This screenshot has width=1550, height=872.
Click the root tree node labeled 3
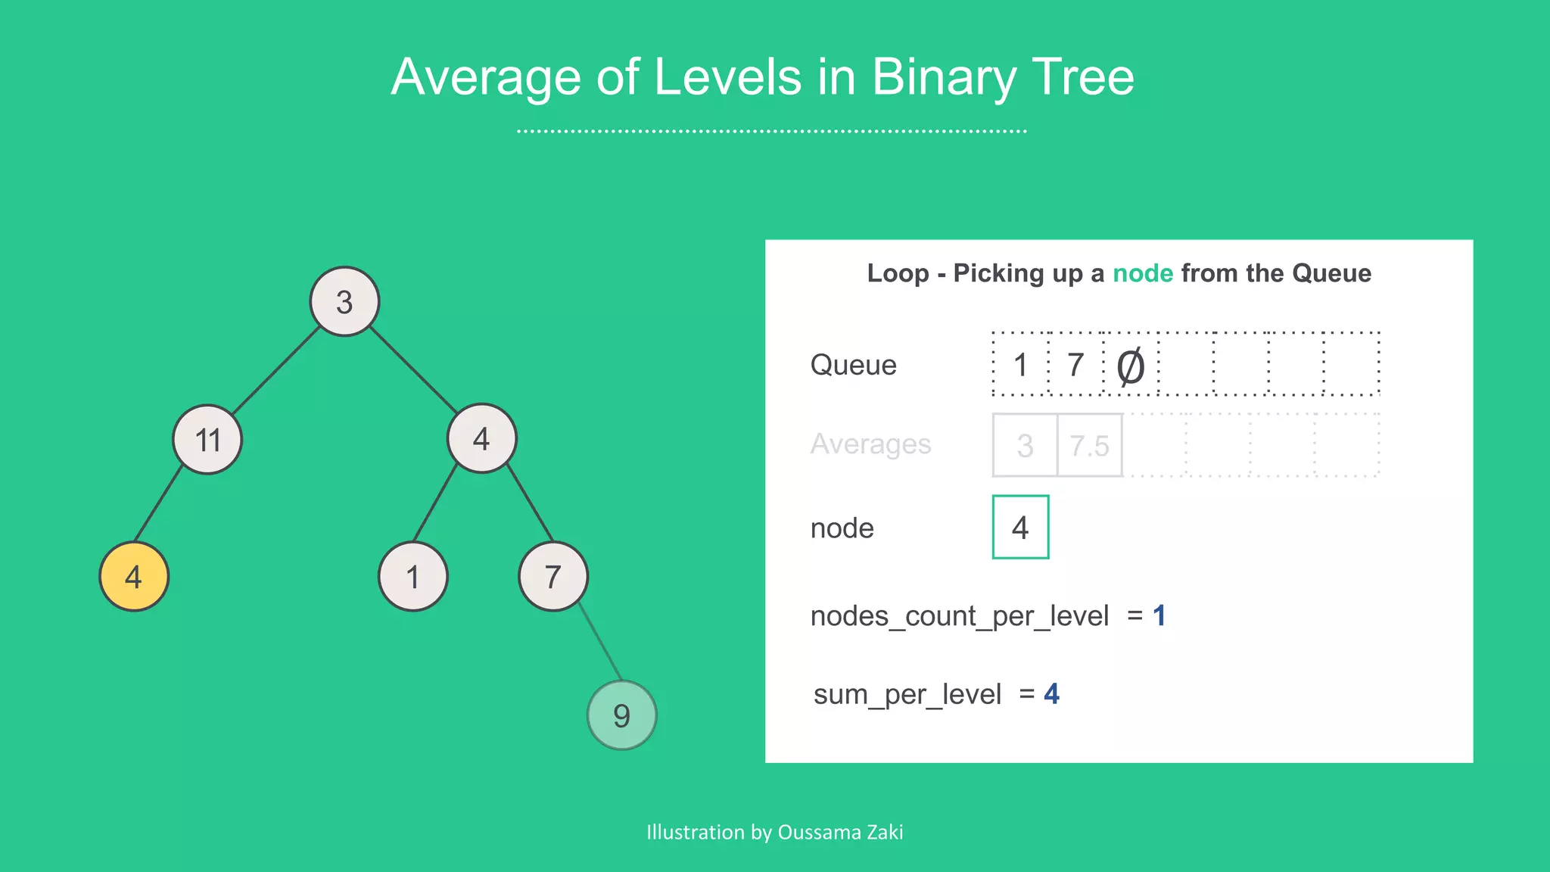344,301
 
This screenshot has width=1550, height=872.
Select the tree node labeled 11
207,439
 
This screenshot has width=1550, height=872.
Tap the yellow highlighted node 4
134,577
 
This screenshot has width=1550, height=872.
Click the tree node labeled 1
413,577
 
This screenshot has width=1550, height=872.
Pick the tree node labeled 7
553,577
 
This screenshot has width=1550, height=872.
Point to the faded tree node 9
622,715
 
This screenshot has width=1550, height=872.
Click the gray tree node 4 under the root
482,438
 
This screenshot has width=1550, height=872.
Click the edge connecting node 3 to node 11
276,370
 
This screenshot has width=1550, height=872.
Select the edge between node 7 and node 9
599,642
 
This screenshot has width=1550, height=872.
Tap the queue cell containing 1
1021,365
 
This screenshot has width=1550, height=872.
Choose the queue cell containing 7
1075,365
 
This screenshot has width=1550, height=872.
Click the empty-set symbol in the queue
1131,366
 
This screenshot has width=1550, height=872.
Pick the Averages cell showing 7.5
1089,446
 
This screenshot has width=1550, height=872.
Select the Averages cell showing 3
1026,446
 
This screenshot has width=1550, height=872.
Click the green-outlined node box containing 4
1020,528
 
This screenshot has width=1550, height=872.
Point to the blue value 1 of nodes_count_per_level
1159,616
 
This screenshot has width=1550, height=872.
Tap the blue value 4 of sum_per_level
1051,694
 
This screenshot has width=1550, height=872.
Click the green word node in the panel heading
1143,273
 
